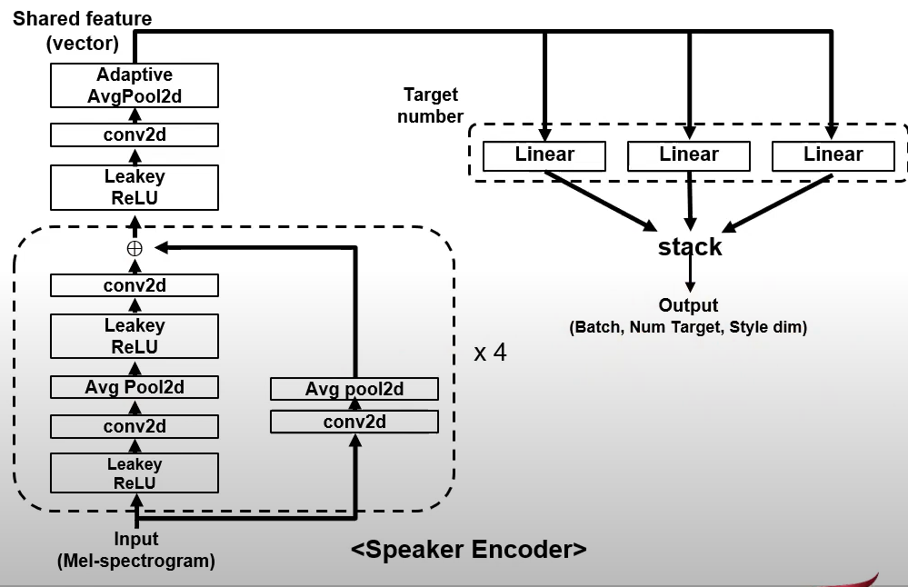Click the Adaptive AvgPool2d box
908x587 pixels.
click(x=135, y=85)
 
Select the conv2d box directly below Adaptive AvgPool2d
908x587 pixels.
click(x=135, y=135)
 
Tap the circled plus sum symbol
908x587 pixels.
click(x=135, y=248)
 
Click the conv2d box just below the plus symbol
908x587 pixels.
click(x=135, y=285)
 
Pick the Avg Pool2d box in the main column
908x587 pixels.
click(x=135, y=387)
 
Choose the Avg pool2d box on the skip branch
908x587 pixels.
click(x=354, y=389)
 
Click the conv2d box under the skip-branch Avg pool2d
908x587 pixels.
click(x=354, y=422)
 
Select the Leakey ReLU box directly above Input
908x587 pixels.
click(x=135, y=473)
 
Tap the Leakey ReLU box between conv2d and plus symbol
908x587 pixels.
click(x=135, y=188)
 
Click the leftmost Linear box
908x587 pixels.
click(x=544, y=155)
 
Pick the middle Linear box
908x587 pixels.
click(x=689, y=155)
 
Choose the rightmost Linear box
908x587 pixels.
click(x=833, y=155)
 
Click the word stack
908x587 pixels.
click(x=690, y=247)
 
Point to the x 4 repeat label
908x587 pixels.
click(x=490, y=353)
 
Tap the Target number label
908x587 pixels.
click(x=431, y=105)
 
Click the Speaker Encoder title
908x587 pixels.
click(x=468, y=549)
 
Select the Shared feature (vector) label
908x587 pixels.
click(x=82, y=31)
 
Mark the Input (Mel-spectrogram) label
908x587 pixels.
click(x=136, y=551)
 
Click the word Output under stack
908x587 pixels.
click(x=688, y=306)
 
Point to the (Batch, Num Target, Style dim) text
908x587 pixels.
click(x=688, y=327)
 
